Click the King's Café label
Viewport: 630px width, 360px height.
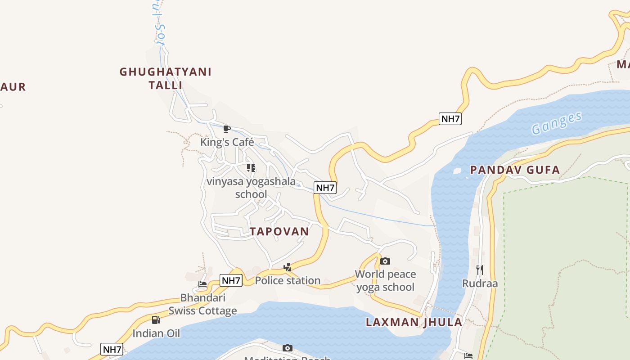(227, 142)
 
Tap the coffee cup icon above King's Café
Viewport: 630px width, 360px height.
(227, 129)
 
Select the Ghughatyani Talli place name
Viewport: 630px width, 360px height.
(165, 78)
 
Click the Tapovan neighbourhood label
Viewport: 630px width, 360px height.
(279, 231)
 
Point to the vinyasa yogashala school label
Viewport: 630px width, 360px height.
(251, 188)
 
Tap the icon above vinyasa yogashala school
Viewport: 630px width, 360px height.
(251, 168)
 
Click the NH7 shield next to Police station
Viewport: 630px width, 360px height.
(231, 280)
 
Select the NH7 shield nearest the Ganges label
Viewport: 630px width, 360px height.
(450, 119)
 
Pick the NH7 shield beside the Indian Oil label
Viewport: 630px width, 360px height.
(112, 349)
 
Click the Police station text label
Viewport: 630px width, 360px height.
(288, 280)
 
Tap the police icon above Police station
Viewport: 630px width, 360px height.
(287, 267)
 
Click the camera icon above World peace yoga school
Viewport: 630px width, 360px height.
(385, 261)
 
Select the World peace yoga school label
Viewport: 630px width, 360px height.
(385, 280)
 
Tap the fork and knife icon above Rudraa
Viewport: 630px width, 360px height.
(480, 270)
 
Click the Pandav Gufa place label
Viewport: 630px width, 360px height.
(515, 170)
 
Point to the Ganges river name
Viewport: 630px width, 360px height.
(557, 123)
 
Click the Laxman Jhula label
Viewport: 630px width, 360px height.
(414, 322)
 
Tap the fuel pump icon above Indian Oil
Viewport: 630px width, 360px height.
(156, 320)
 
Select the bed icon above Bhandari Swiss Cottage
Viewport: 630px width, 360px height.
(202, 284)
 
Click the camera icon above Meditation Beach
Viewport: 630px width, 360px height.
(287, 348)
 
